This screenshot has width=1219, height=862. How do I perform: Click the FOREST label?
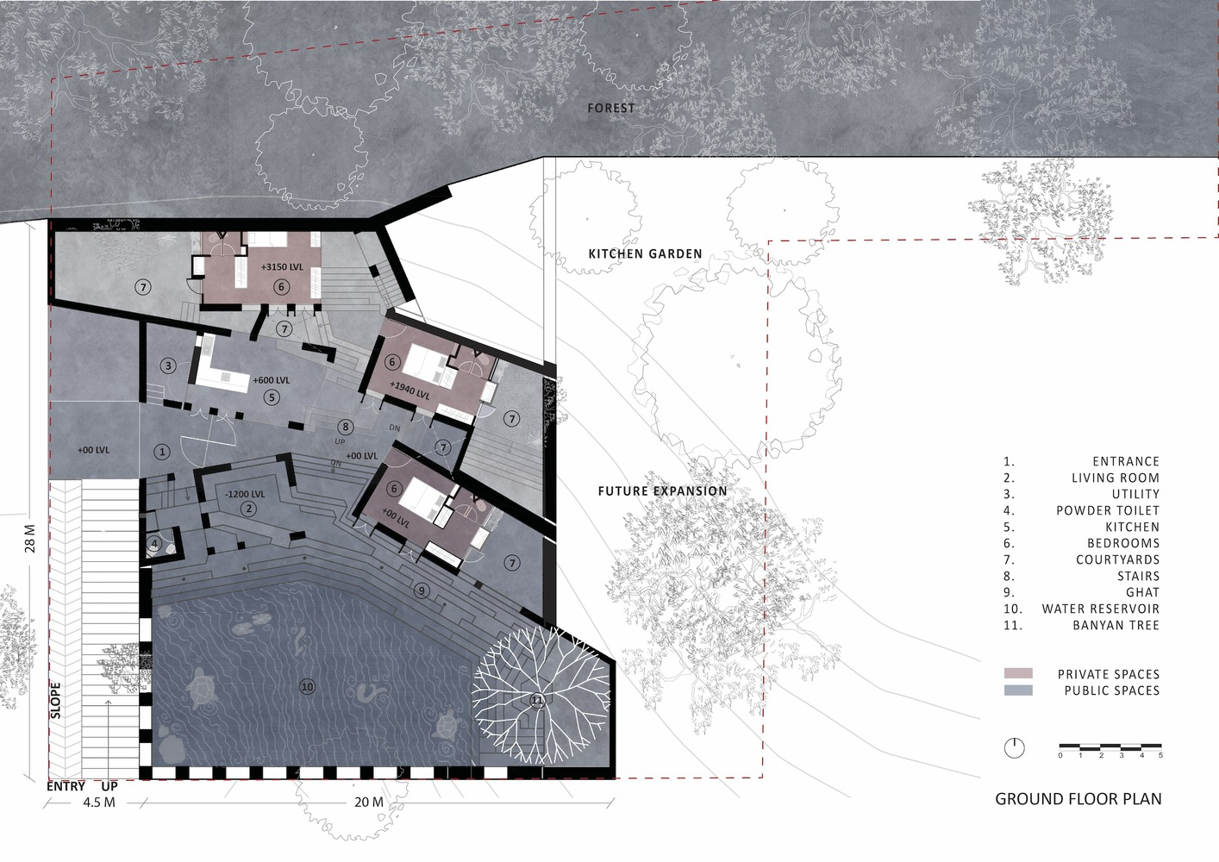tap(611, 109)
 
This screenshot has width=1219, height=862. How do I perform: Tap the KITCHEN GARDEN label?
tap(646, 253)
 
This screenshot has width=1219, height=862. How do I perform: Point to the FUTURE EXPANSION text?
tap(662, 490)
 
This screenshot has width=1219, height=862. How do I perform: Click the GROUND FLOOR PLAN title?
tap(1078, 799)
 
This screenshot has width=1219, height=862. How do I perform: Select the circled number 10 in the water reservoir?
tap(308, 687)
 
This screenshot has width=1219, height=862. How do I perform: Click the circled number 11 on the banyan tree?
tap(537, 700)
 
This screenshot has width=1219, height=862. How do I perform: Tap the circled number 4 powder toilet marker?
tap(154, 543)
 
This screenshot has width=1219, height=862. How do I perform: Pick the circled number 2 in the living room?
tap(248, 509)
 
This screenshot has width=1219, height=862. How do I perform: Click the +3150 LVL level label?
tap(282, 267)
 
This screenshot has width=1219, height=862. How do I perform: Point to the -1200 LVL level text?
tap(245, 494)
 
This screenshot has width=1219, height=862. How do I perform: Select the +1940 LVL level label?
tap(409, 390)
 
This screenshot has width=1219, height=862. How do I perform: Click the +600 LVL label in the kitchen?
tap(272, 380)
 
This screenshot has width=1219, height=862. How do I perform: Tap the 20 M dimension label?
tap(369, 803)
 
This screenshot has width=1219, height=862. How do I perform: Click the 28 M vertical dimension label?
tap(30, 538)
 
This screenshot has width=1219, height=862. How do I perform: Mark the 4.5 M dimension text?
tap(99, 803)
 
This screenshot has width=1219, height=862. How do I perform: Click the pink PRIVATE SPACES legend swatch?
tap(1018, 673)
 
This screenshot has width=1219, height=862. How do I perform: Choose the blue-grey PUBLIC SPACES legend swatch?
tap(1018, 690)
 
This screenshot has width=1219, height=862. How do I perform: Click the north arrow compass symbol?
tap(1015, 747)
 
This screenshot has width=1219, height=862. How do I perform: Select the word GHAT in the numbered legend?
tap(1143, 592)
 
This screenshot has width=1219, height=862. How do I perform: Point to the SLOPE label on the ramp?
tap(55, 700)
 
